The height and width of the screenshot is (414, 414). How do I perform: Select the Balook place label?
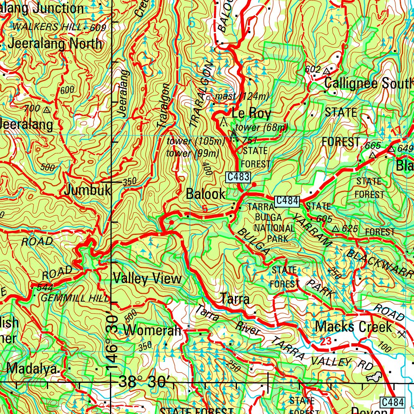point(206,194)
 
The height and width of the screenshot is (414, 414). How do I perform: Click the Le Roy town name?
point(251,113)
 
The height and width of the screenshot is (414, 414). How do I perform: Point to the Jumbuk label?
point(87,190)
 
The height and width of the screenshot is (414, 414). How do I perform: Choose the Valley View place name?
point(148,279)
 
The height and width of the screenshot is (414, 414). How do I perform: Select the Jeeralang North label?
point(55,44)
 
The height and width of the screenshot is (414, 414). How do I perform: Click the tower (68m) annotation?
point(262,128)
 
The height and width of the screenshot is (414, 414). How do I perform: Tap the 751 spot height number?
point(250,140)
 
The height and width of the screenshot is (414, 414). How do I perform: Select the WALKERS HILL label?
point(48,27)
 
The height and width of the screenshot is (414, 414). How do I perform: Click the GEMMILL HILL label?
point(75,298)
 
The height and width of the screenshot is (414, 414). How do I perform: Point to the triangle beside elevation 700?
point(47,110)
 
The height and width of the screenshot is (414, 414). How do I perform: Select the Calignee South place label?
point(368,83)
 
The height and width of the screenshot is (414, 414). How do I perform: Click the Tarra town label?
point(235,299)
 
